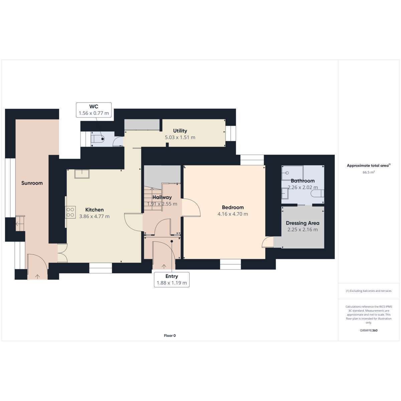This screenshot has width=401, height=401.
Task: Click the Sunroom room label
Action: click(x=32, y=183)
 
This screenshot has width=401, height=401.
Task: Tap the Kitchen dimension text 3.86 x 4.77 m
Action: click(x=94, y=216)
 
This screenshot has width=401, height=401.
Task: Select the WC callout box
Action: click(x=94, y=110)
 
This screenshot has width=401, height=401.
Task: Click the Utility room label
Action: click(x=180, y=131)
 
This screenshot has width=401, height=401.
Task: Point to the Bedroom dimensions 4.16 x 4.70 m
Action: click(x=233, y=214)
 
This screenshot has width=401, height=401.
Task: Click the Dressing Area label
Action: click(x=302, y=223)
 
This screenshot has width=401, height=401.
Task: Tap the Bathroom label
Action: click(x=302, y=181)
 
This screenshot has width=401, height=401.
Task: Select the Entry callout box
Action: click(x=172, y=280)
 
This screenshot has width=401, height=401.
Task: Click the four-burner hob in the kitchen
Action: click(x=70, y=212)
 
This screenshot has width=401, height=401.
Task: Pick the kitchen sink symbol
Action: click(x=82, y=174)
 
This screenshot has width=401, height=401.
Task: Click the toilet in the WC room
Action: click(x=98, y=139)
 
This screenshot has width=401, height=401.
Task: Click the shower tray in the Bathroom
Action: click(x=292, y=173)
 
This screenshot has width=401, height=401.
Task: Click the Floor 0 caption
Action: click(x=170, y=336)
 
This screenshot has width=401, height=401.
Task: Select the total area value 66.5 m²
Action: click(x=369, y=172)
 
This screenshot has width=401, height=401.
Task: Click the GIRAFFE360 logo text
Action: click(x=369, y=330)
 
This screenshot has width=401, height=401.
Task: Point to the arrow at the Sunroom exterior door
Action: click(x=37, y=277)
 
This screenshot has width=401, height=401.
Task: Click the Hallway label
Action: click(x=162, y=197)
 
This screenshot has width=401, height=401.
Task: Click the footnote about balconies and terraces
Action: click(x=369, y=291)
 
